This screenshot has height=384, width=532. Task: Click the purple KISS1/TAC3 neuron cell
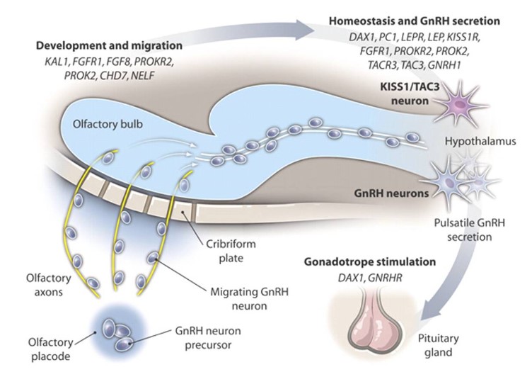(461, 103)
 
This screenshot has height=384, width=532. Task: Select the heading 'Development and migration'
(109, 45)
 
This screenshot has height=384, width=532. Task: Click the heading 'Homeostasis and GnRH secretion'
(415, 21)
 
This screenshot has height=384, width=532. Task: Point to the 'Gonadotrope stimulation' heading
(370, 262)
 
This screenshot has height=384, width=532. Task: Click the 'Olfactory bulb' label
(108, 124)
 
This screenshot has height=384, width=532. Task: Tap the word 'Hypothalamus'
(480, 141)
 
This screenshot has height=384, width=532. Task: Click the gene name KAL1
(56, 62)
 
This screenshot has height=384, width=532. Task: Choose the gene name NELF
(142, 75)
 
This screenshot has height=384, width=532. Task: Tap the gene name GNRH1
(444, 64)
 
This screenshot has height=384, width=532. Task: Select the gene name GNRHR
(385, 278)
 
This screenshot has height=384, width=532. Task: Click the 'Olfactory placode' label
(50, 349)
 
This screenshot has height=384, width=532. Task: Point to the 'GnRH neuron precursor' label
(208, 338)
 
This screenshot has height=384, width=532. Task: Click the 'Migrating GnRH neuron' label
(249, 299)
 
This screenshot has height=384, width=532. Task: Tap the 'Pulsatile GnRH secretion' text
(470, 230)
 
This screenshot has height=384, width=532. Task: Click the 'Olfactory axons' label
(49, 285)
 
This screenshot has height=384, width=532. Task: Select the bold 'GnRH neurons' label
(391, 193)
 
